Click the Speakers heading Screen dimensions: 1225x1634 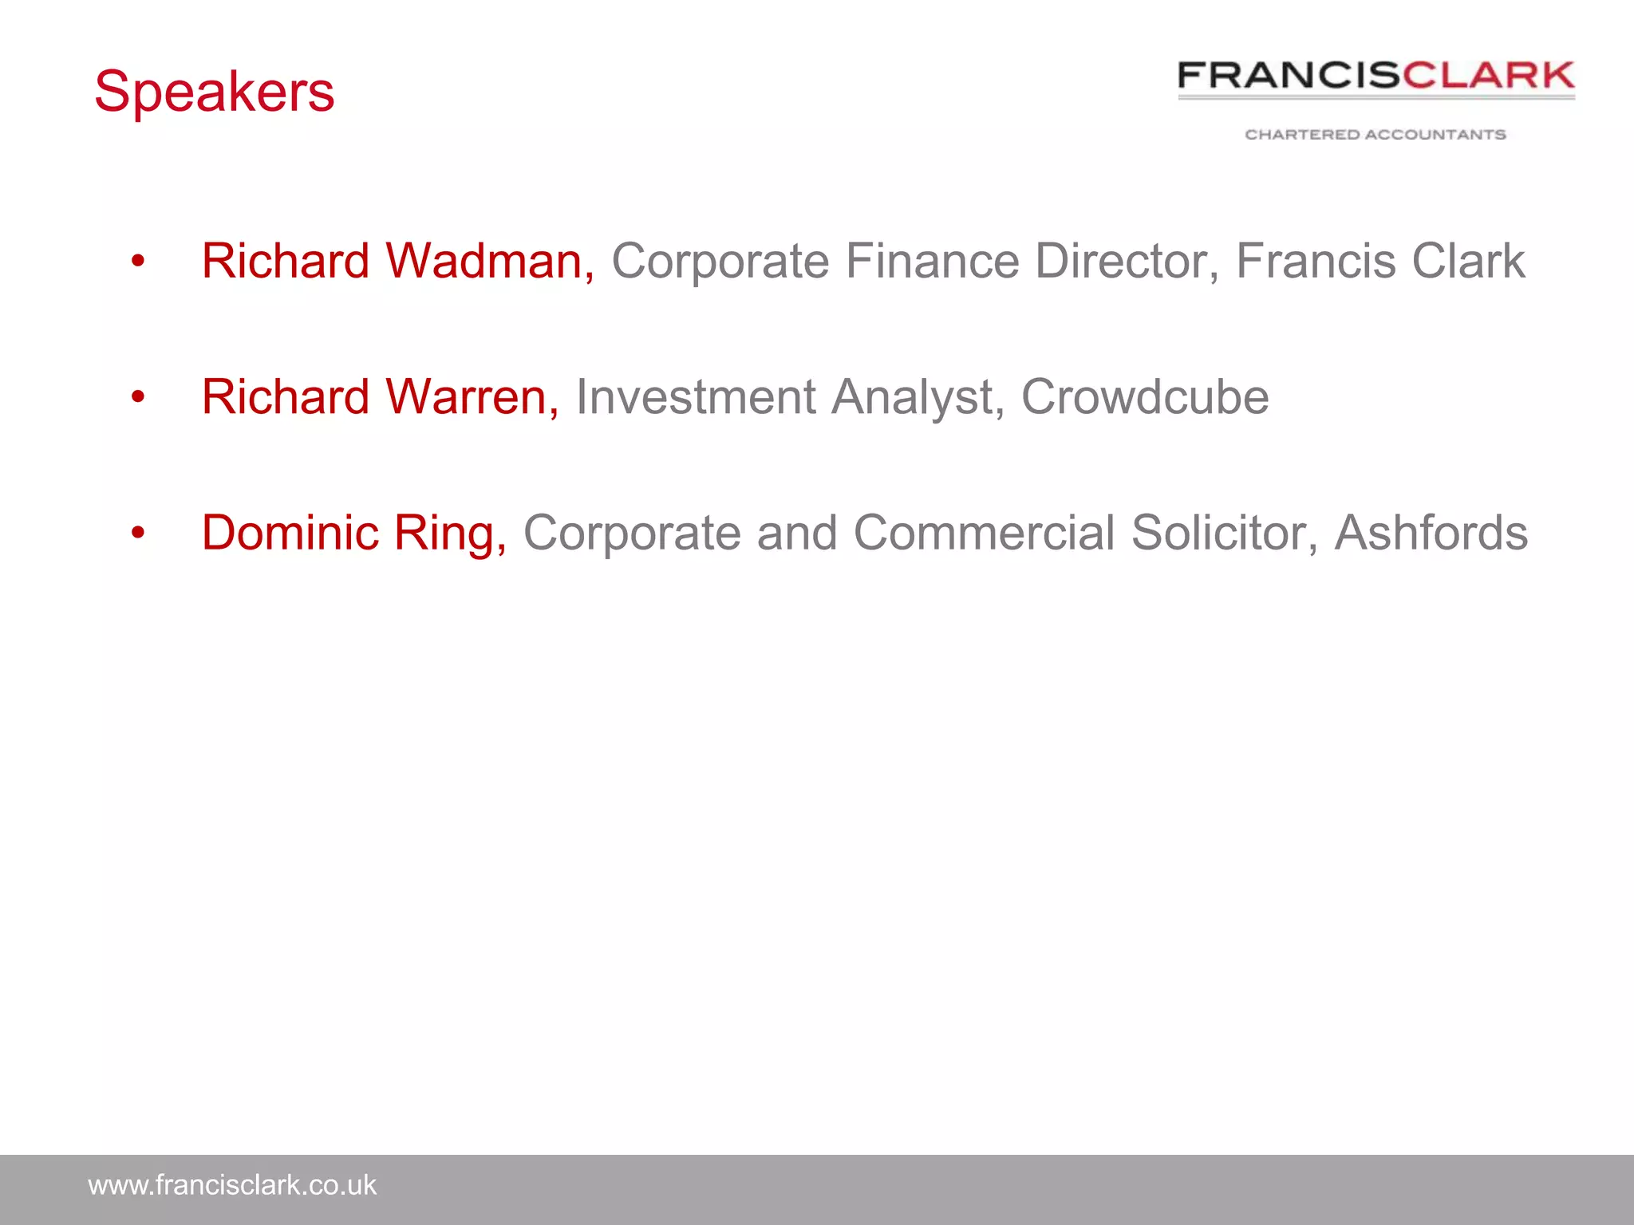[x=214, y=92]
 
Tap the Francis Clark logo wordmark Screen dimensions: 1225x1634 [x=1375, y=76]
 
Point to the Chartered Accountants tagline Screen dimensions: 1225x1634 [x=1375, y=135]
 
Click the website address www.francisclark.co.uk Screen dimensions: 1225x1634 [x=231, y=1185]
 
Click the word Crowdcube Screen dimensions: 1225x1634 [x=1145, y=396]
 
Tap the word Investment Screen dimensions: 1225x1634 [x=696, y=396]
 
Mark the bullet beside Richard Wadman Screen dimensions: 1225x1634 [x=138, y=261]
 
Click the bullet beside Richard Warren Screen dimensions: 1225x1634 [x=138, y=396]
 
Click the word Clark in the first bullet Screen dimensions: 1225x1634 [x=1468, y=261]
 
